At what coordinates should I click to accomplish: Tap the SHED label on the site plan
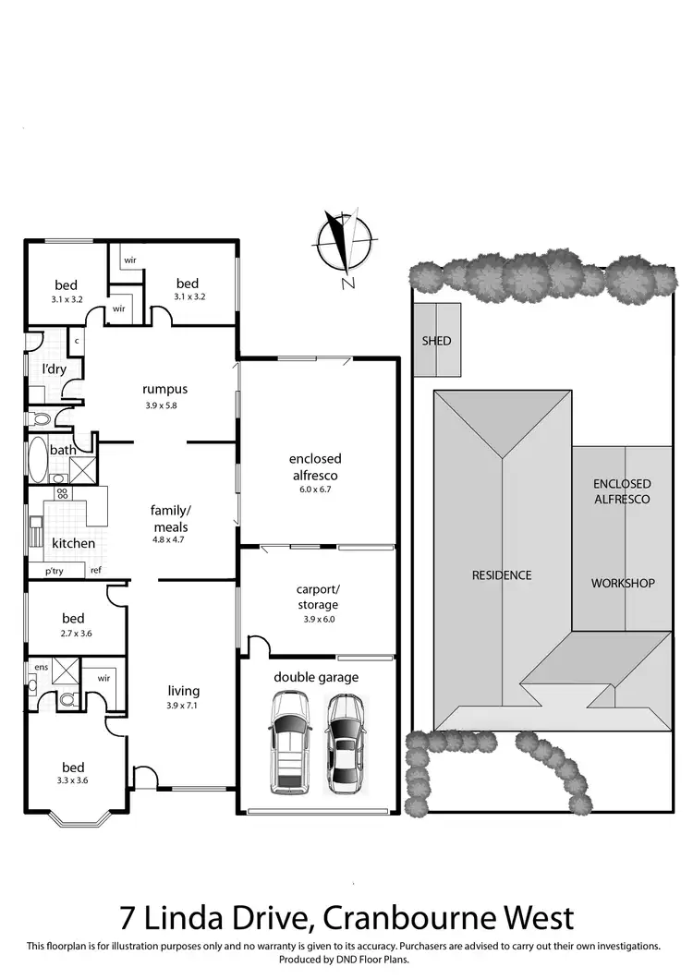(436, 341)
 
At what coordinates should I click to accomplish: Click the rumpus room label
(165, 390)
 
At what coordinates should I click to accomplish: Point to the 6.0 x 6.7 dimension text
(315, 489)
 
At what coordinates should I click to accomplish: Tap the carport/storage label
(317, 597)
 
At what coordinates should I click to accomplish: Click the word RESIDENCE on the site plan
(502, 574)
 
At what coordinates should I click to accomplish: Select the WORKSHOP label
(623, 583)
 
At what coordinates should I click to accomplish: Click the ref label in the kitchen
(95, 571)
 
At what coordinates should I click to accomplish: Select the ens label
(41, 665)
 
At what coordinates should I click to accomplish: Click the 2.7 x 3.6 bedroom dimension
(73, 634)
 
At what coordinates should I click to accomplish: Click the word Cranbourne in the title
(402, 918)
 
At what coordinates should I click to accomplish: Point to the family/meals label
(169, 518)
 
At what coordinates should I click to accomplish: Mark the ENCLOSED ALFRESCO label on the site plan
(622, 490)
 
